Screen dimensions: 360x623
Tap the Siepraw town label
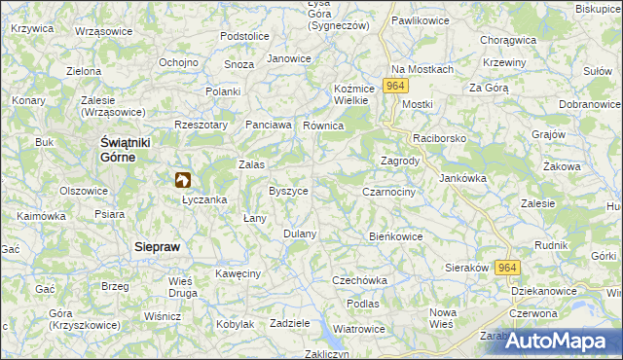[157, 247]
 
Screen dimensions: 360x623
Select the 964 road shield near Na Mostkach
[394, 86]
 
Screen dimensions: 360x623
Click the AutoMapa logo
[562, 341]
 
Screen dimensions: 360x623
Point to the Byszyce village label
[288, 191]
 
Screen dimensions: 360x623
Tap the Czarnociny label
[389, 193]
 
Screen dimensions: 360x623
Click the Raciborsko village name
[440, 139]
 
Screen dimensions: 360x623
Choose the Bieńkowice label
[396, 235]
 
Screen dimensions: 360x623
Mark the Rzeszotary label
[201, 125]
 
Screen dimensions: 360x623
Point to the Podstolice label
[244, 36]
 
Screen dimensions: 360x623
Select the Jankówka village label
[462, 178]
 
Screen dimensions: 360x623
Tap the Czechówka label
[360, 280]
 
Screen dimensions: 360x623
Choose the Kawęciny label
[238, 273]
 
